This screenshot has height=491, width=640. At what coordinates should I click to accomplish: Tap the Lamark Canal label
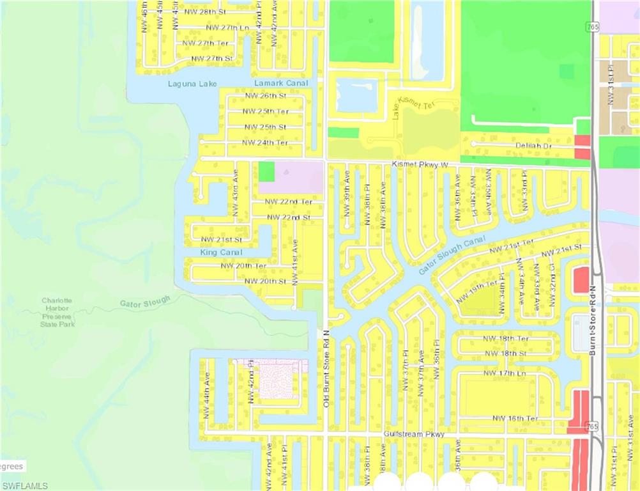(x=281, y=83)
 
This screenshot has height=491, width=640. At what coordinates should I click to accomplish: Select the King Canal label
(x=221, y=253)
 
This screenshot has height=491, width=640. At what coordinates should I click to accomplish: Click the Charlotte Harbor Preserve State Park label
(x=57, y=312)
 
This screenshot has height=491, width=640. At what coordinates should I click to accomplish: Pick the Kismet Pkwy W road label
(x=420, y=165)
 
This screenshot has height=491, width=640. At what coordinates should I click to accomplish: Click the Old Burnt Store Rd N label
(x=326, y=368)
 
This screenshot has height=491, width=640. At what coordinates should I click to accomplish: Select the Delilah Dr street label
(x=533, y=146)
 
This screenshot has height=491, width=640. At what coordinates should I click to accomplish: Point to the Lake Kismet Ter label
(x=411, y=105)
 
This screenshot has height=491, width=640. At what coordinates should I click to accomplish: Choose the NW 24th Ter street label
(x=264, y=143)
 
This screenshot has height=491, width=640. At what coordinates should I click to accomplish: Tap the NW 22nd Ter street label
(x=289, y=201)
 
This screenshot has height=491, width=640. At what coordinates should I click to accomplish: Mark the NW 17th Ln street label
(x=504, y=373)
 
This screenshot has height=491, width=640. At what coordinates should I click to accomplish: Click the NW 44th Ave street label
(x=206, y=396)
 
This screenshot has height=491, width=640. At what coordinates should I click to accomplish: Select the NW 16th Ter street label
(x=515, y=418)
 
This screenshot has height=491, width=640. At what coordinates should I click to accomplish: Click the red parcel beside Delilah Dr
(x=582, y=147)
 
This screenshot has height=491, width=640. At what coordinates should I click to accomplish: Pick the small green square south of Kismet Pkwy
(x=266, y=171)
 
